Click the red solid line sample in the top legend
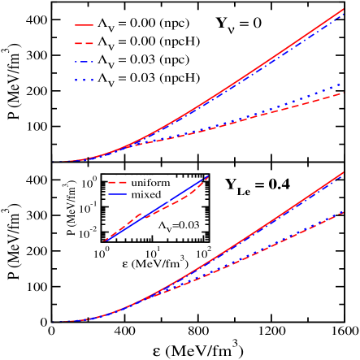tap(85, 24)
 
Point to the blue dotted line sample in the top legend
tap(85, 79)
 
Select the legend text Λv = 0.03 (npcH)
tap(147, 79)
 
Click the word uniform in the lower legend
tap(150, 183)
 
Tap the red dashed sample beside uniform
tap(119, 183)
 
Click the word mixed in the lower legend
tap(146, 195)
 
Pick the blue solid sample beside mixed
tap(119, 195)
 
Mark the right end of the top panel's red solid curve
tap(347, 9)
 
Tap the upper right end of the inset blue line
tap(208, 176)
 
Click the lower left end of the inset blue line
tap(104, 241)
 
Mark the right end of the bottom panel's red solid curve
tap(347, 171)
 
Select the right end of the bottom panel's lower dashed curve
tap(347, 210)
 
